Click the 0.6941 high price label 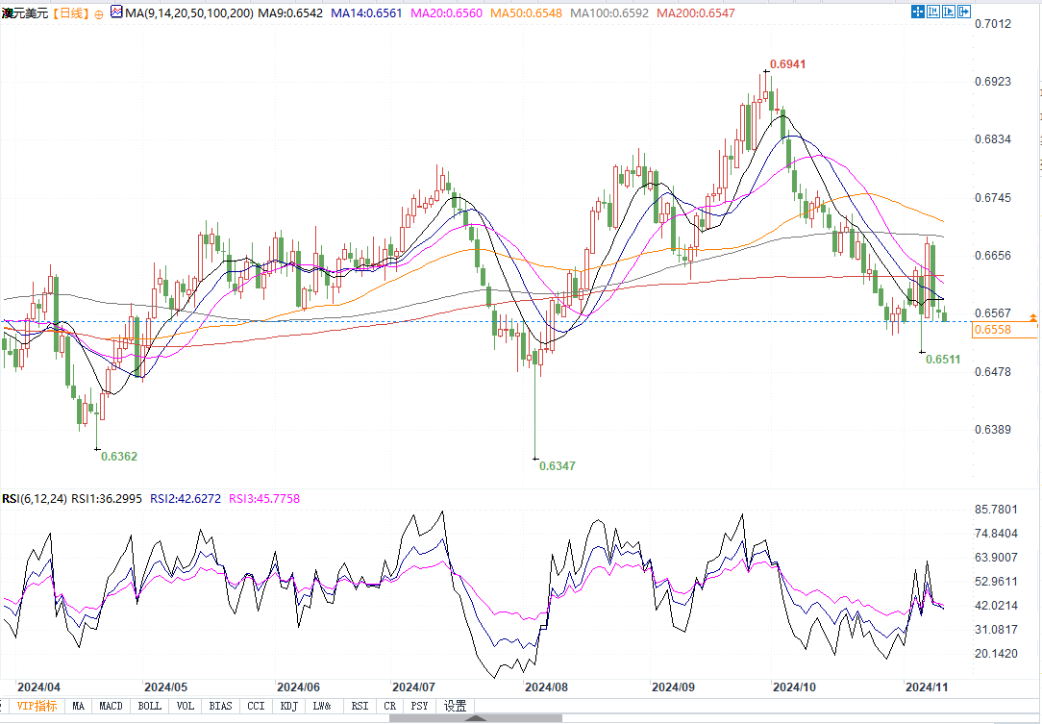tap(787, 64)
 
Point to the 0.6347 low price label tap(558, 465)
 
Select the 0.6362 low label tap(119, 456)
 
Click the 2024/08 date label tap(545, 687)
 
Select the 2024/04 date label tap(39, 687)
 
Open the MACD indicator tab tap(112, 707)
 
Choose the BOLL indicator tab tap(150, 707)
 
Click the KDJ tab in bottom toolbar tap(287, 707)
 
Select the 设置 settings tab tap(455, 707)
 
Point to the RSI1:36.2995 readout tap(108, 499)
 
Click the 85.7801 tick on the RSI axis tap(995, 509)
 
